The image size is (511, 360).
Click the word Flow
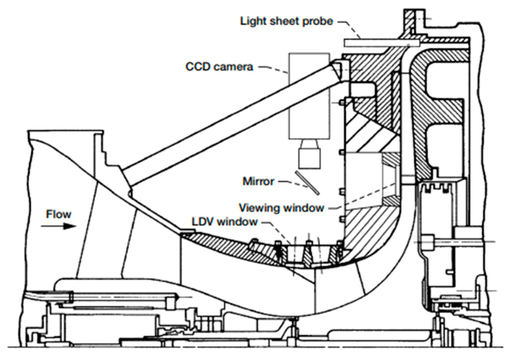[x=58, y=214]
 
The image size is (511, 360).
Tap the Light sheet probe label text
[x=287, y=21]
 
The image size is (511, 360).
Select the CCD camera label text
[x=219, y=67]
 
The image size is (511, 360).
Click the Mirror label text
[x=258, y=182]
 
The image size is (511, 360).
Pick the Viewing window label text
[x=281, y=208]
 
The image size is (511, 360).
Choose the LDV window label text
[x=224, y=222]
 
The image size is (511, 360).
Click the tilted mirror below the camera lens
[x=307, y=183]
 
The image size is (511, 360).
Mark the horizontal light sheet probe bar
[x=381, y=43]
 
